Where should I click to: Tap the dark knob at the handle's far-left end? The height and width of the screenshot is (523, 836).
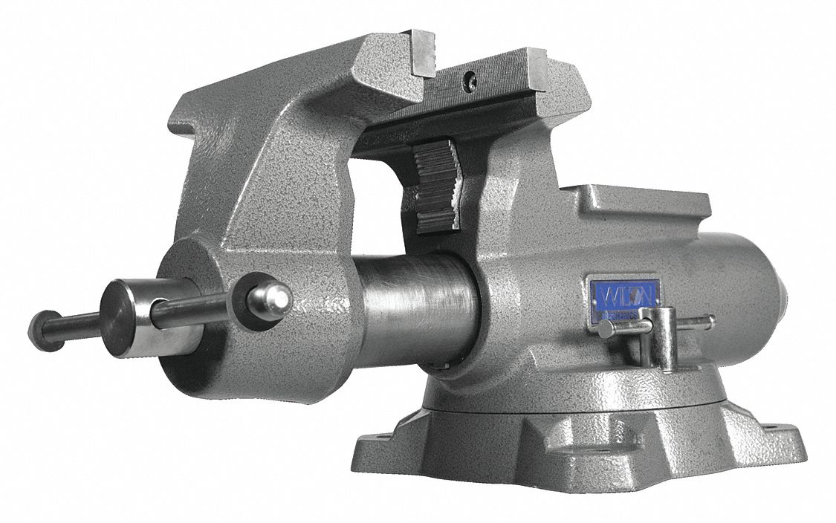[43, 329]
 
